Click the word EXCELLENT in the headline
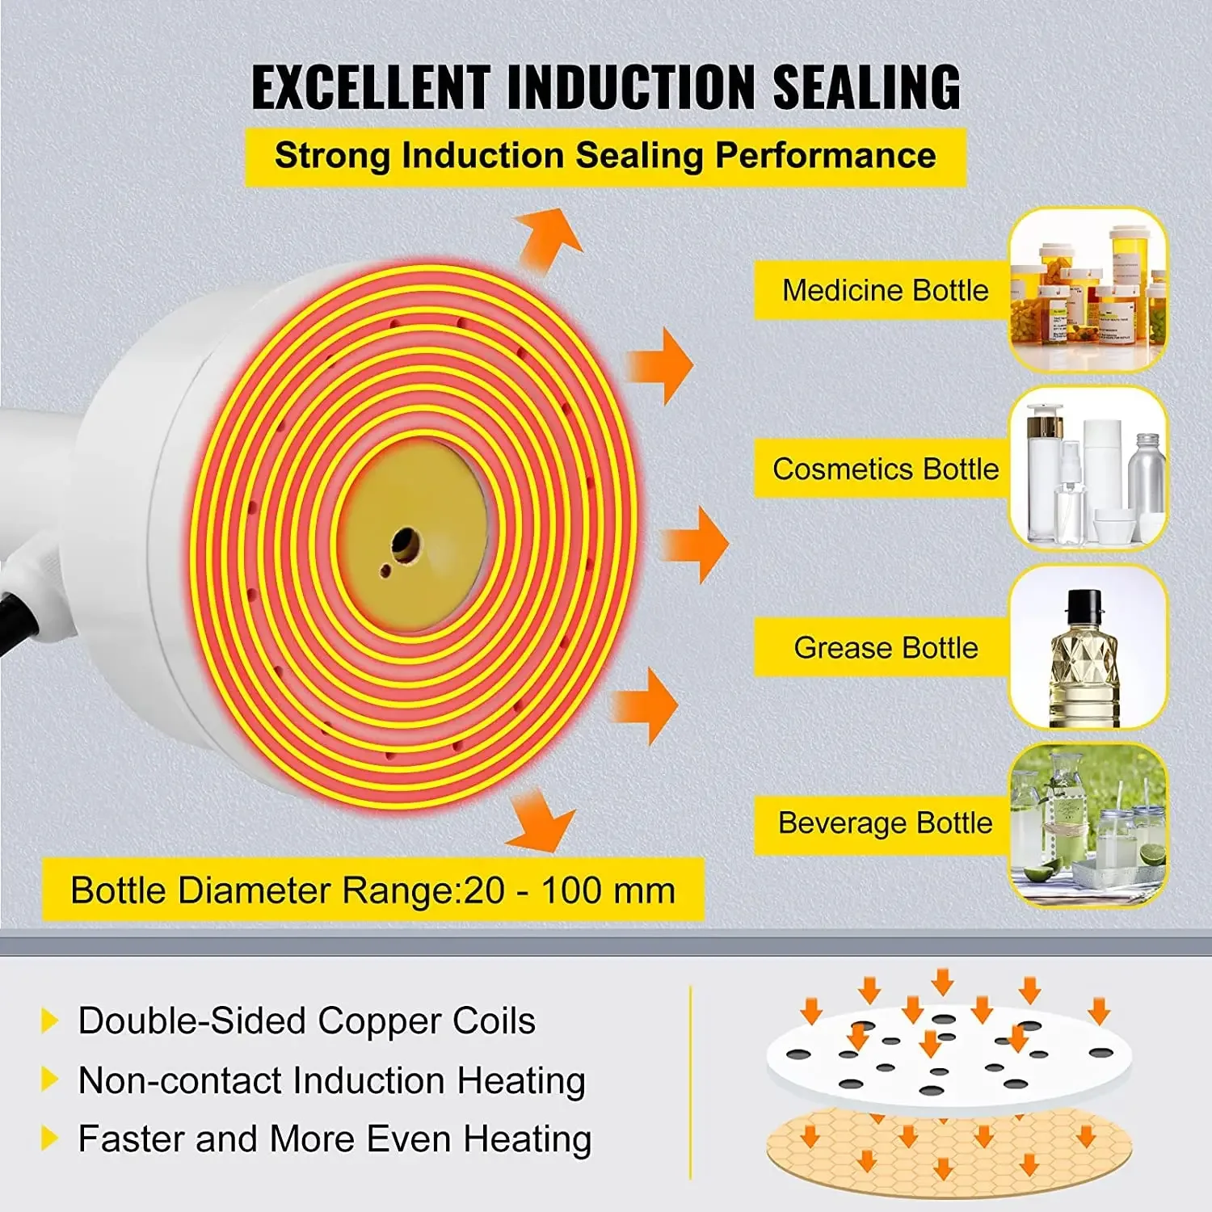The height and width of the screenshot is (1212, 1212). tap(370, 87)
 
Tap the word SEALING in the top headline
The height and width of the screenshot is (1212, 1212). tap(866, 87)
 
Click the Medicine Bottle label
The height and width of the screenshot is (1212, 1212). tap(885, 290)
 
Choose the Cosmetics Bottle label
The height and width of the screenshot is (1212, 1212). tap(885, 469)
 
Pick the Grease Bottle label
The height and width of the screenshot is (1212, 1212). tap(885, 647)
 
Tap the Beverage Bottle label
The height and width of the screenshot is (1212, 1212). tap(885, 823)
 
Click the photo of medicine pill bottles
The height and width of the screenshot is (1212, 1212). tap(1088, 290)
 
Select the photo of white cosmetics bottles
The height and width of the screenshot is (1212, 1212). tap(1088, 469)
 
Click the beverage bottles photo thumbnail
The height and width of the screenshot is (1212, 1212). tap(1088, 824)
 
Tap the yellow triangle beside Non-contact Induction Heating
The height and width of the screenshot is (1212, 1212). tap(49, 1079)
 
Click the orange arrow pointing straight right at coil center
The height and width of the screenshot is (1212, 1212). tap(695, 544)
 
